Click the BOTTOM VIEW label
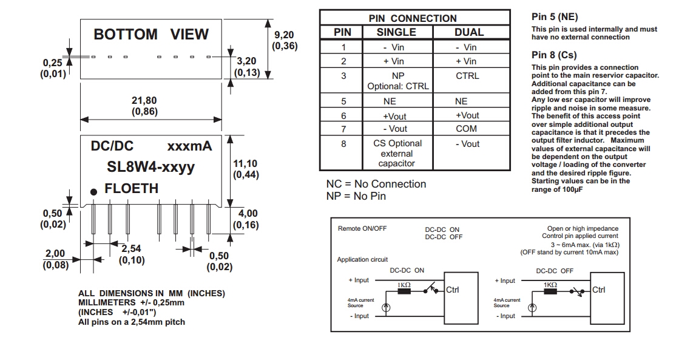point(151,35)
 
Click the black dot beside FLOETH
point(94,192)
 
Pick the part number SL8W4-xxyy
point(151,167)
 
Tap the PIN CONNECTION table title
point(413,18)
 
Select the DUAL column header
point(469,32)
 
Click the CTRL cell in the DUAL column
point(467,76)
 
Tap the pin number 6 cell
point(343,115)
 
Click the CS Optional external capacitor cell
point(397,153)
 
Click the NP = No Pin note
point(356,196)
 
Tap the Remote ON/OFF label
point(362,229)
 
